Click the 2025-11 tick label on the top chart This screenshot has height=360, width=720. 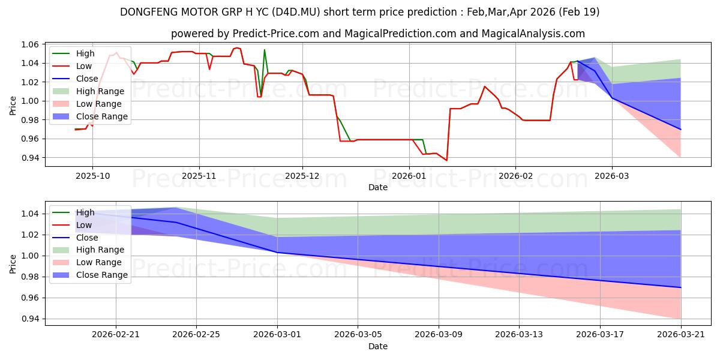[x=199, y=176]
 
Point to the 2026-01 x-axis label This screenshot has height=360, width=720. [x=409, y=176]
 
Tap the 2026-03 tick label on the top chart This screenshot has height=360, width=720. [x=611, y=176]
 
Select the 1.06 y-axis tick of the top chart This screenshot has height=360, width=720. [x=30, y=44]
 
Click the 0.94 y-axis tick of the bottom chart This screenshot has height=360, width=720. [x=30, y=319]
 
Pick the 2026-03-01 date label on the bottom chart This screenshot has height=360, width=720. [x=277, y=335]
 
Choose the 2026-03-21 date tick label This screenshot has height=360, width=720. [x=681, y=335]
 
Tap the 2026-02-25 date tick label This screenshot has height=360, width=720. [x=196, y=335]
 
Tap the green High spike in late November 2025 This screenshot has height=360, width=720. [x=264, y=50]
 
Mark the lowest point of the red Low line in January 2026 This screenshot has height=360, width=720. [x=446, y=160]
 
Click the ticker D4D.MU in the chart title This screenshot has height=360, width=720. [x=296, y=12]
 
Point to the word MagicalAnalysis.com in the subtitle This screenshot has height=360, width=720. [x=533, y=34]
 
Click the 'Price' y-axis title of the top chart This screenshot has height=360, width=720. [x=13, y=106]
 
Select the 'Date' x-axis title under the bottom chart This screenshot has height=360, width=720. [x=377, y=346]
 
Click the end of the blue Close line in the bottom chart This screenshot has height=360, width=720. [x=681, y=287]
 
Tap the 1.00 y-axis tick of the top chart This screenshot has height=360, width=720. [x=30, y=101]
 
